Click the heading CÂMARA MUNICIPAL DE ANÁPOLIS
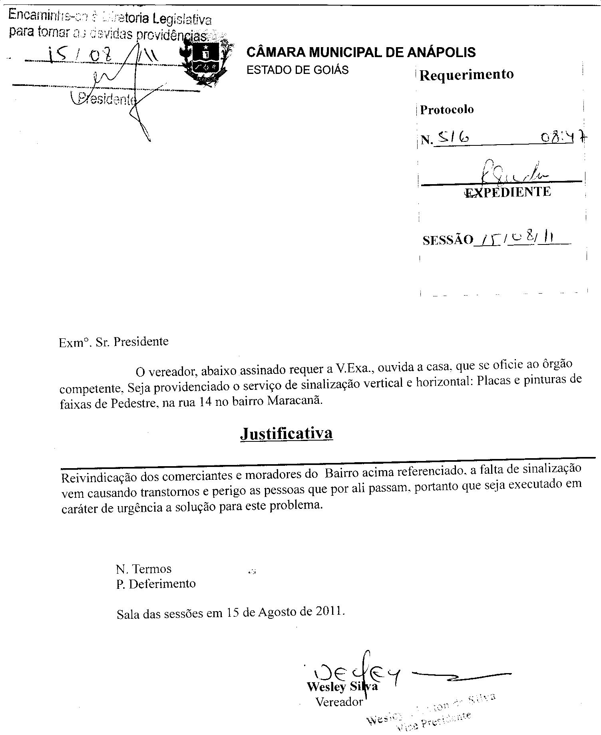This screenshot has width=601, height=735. pyautogui.click(x=361, y=52)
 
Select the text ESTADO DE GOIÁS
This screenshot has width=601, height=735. pyautogui.click(x=297, y=70)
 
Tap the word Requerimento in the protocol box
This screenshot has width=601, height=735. pyautogui.click(x=466, y=75)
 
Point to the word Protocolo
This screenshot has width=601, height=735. pyautogui.click(x=447, y=109)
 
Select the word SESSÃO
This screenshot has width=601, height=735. pyautogui.click(x=448, y=240)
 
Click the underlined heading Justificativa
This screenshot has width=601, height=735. pyautogui.click(x=286, y=434)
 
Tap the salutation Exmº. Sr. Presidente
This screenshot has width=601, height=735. pyautogui.click(x=113, y=342)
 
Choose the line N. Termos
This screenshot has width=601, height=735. pyautogui.click(x=143, y=569)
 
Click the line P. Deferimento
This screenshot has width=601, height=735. pyautogui.click(x=156, y=584)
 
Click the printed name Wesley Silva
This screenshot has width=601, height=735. pyautogui.click(x=342, y=687)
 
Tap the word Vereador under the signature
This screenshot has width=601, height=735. pyautogui.click(x=339, y=701)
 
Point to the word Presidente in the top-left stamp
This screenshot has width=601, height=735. pyautogui.click(x=106, y=98)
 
